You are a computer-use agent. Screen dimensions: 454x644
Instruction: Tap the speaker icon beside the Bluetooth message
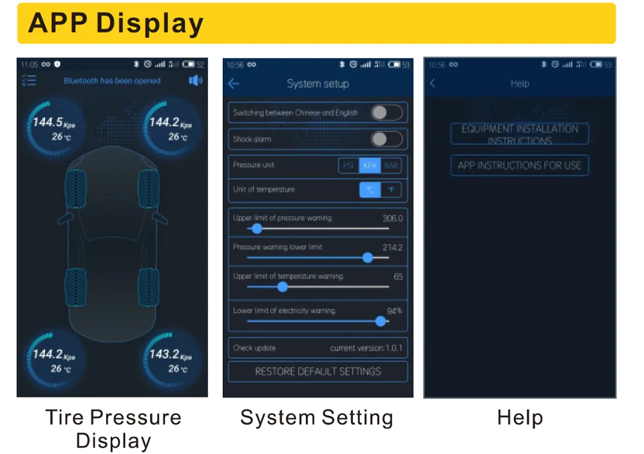pyautogui.click(x=195, y=80)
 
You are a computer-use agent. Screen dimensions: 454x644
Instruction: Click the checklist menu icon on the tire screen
pyautogui.click(x=29, y=80)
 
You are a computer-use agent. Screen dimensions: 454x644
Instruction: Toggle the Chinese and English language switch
pyautogui.click(x=387, y=113)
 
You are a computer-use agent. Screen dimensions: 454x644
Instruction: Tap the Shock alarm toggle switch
pyautogui.click(x=387, y=139)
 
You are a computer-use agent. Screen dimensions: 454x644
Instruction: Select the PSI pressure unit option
pyautogui.click(x=348, y=166)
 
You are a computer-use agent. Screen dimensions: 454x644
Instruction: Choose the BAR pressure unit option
pyautogui.click(x=391, y=166)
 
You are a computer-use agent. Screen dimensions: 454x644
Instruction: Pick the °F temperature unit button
pyautogui.click(x=390, y=190)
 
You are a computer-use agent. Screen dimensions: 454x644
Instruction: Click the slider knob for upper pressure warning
pyautogui.click(x=257, y=229)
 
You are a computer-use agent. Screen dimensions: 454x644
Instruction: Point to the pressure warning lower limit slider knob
pyautogui.click(x=368, y=258)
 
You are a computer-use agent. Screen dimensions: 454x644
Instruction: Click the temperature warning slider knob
pyautogui.click(x=282, y=287)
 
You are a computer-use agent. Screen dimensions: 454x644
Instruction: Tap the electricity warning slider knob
pyautogui.click(x=380, y=321)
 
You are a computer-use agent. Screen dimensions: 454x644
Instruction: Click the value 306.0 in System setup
pyautogui.click(x=392, y=218)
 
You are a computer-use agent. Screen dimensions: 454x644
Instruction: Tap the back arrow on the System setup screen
pyautogui.click(x=234, y=84)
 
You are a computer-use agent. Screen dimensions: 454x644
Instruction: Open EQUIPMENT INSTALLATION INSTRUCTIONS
pyautogui.click(x=519, y=134)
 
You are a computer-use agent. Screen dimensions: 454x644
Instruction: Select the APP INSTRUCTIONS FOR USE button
pyautogui.click(x=519, y=166)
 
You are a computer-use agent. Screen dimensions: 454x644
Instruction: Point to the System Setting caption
pyautogui.click(x=316, y=417)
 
